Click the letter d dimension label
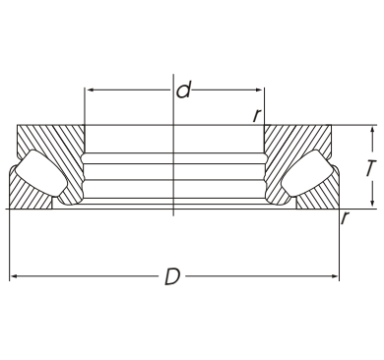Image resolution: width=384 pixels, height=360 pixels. pos(183,90)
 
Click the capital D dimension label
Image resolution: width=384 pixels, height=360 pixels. pos(172,276)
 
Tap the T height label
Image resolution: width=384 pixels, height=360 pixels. pos(371,168)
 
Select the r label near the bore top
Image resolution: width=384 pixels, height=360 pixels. pos(257,115)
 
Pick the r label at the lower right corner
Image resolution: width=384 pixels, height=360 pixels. pos(345,218)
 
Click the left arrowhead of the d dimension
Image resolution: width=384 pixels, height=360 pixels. pos(90,90)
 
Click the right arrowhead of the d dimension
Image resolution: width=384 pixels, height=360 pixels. pos(259,90)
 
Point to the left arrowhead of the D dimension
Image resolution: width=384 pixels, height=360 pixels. pos(14,276)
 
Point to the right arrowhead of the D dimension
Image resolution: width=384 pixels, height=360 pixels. pos(334,276)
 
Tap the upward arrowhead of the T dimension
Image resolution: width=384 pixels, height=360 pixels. pos(372,131)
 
